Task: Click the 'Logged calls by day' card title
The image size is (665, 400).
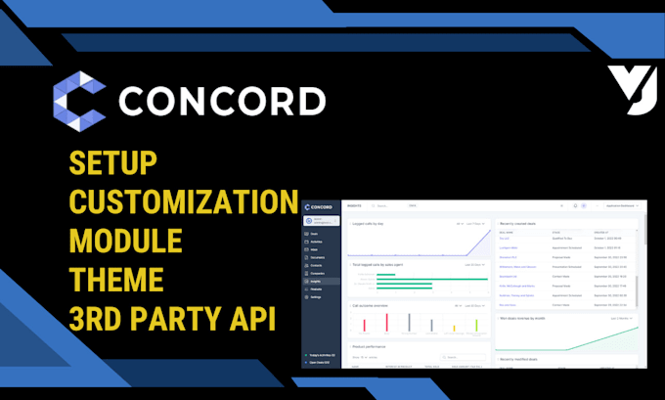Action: [369, 223]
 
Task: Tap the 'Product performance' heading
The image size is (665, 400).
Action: [370, 346]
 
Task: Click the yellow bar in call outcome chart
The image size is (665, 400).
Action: [453, 328]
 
